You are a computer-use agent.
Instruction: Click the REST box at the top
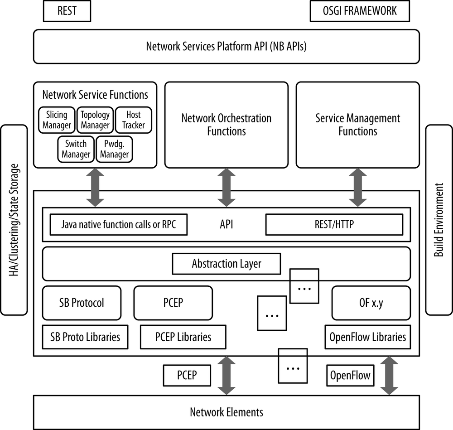(x=67, y=11)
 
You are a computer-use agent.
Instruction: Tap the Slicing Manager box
(x=57, y=120)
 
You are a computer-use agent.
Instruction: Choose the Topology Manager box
(x=95, y=120)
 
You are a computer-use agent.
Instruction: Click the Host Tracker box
(x=134, y=120)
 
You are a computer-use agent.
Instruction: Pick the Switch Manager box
(x=76, y=149)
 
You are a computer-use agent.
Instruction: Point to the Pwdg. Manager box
(x=114, y=149)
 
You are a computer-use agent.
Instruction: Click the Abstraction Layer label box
(x=226, y=264)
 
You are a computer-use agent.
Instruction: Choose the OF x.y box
(x=371, y=303)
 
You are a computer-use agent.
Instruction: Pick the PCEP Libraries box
(x=183, y=337)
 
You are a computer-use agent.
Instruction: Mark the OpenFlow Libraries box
(x=368, y=337)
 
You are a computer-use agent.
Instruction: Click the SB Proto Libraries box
(x=85, y=337)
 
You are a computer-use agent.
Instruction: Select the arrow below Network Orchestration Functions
(x=226, y=187)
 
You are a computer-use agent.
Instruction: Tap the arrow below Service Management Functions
(x=358, y=187)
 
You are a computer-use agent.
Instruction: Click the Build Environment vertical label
(x=439, y=220)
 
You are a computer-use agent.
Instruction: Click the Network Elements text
(x=226, y=412)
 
